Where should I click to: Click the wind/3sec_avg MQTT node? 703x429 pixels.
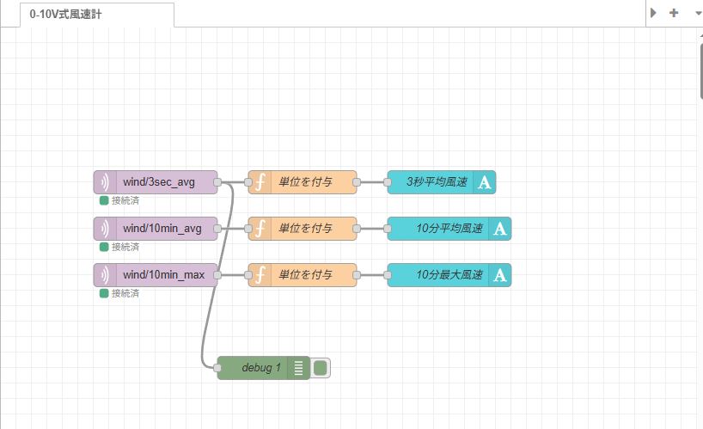[158, 182]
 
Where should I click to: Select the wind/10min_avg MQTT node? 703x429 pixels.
[162, 229]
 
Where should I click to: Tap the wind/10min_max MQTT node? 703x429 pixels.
[163, 275]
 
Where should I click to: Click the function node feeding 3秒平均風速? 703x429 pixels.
[305, 182]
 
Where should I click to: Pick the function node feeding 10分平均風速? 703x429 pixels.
[305, 229]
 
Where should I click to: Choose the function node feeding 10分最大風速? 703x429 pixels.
[305, 275]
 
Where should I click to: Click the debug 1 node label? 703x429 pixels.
[260, 368]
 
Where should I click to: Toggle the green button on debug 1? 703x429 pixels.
[321, 368]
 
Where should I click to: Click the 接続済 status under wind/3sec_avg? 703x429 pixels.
[125, 201]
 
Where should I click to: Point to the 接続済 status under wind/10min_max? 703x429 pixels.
[125, 294]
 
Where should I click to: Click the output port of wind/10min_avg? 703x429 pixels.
[217, 229]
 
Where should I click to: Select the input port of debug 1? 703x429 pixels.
[217, 368]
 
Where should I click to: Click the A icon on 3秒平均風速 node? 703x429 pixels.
[484, 182]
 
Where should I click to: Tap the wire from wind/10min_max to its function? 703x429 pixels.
[233, 275]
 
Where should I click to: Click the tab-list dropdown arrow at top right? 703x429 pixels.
[694, 13]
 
